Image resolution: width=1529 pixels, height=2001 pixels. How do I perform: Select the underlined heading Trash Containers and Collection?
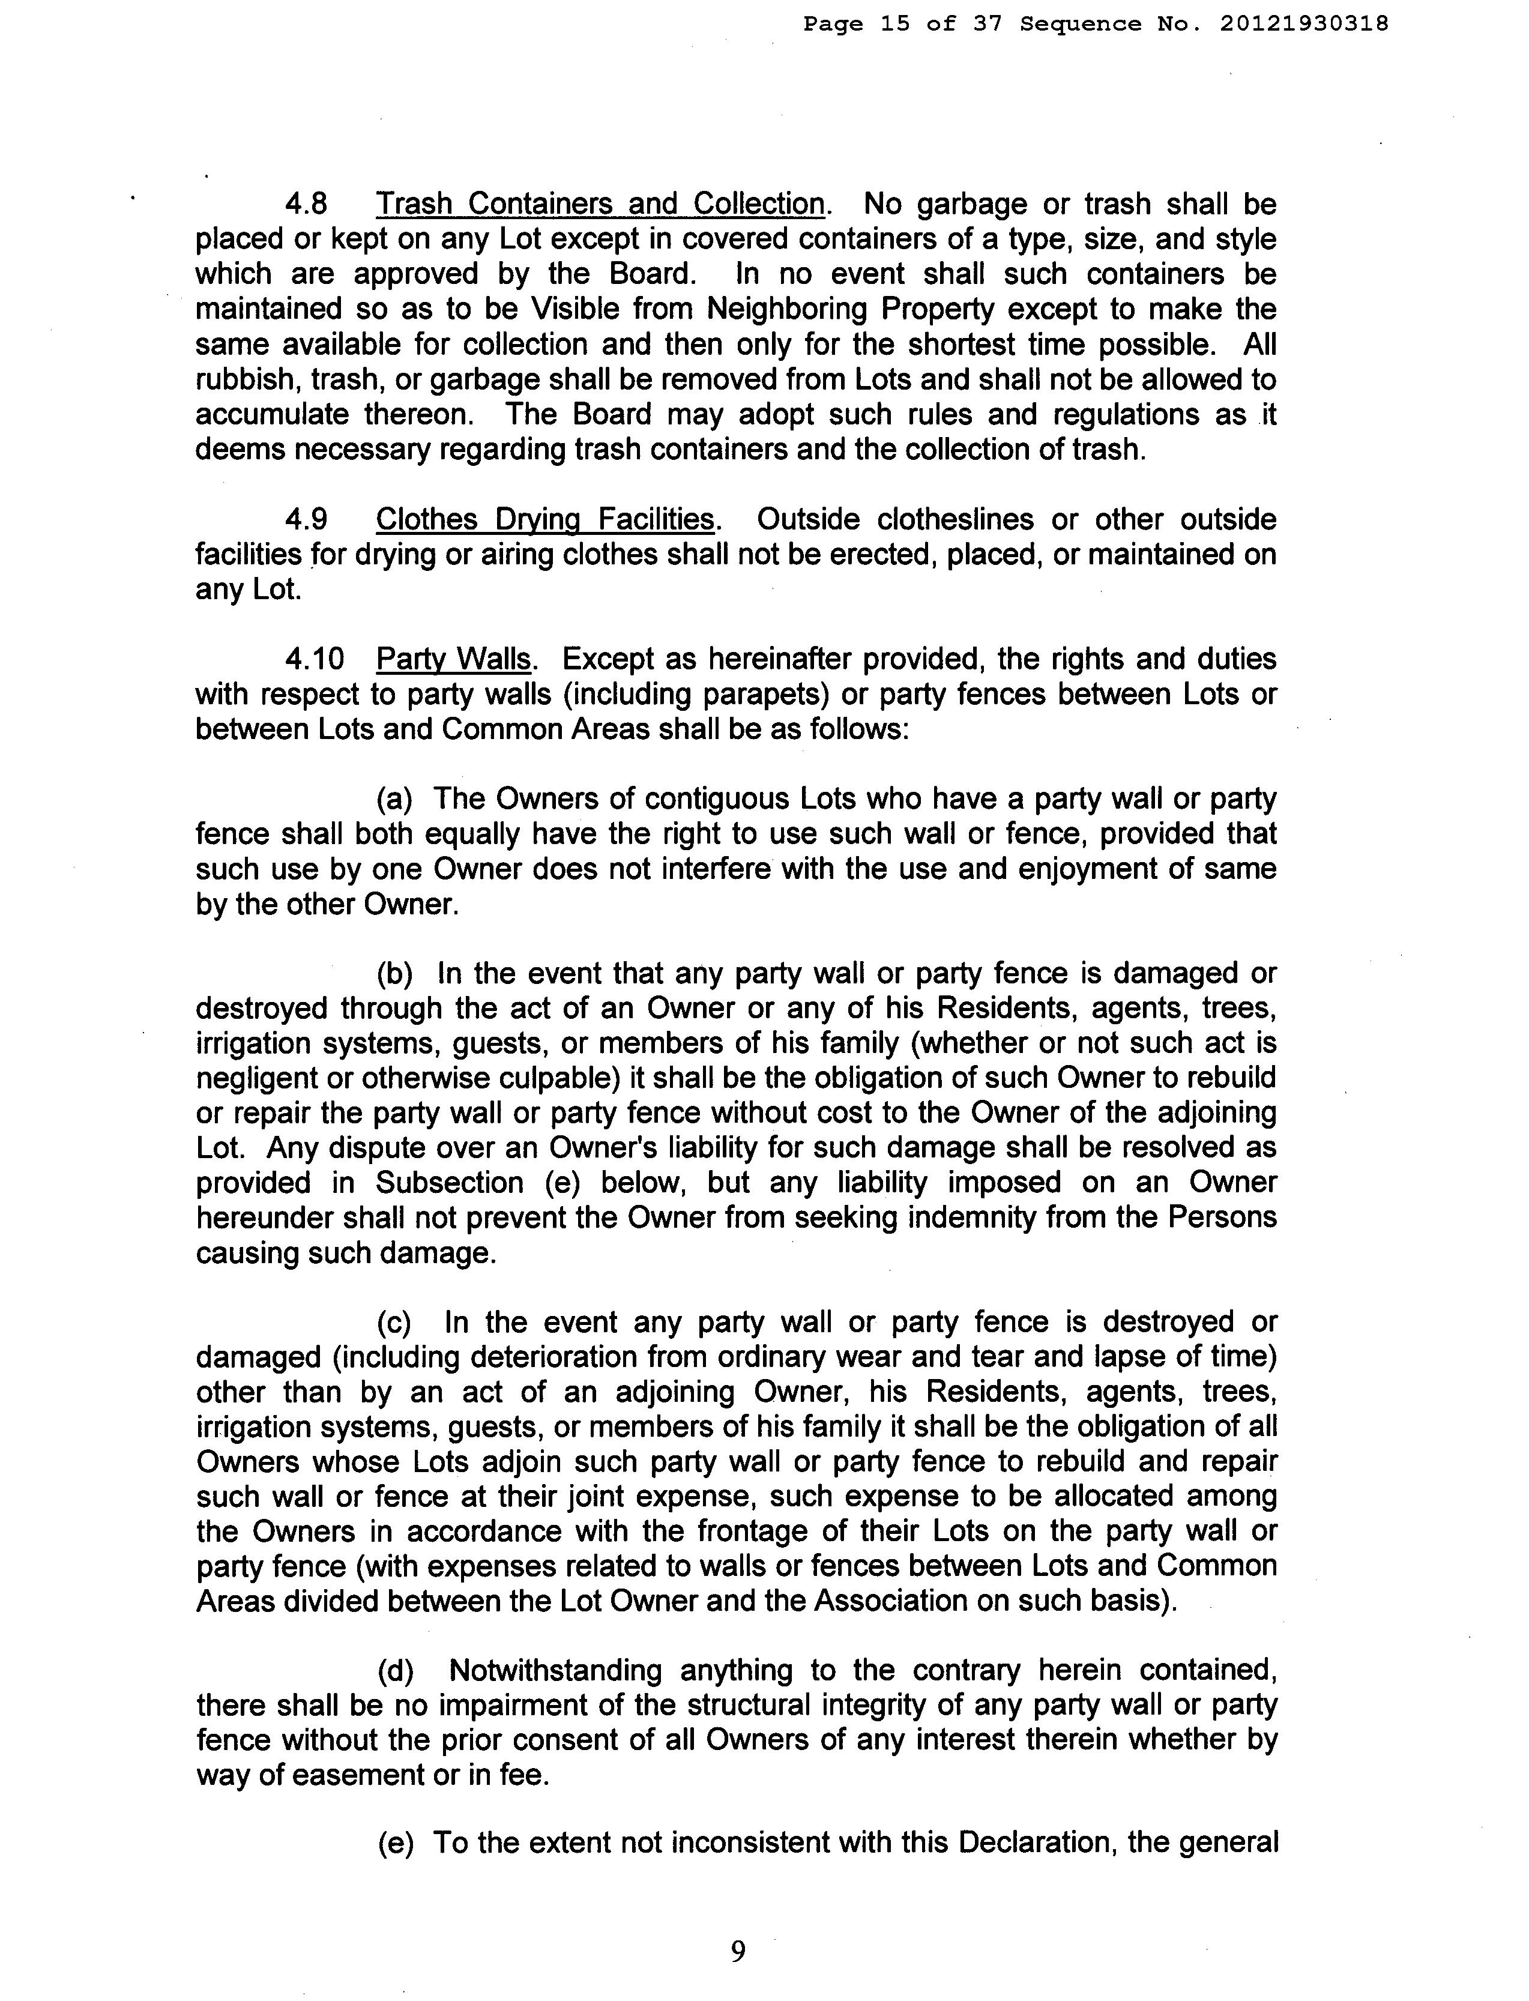601,204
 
